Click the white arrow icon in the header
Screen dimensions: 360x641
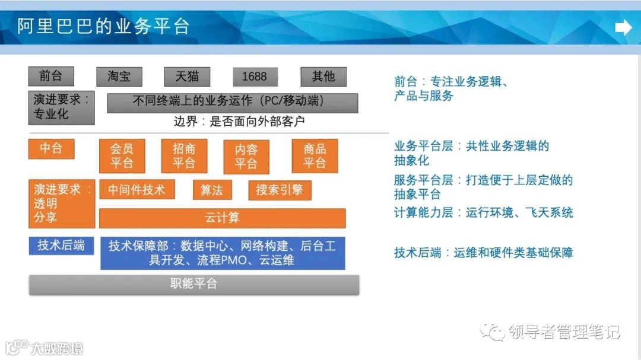(623, 27)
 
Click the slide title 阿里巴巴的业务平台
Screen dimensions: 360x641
(103, 27)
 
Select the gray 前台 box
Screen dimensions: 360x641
(51, 77)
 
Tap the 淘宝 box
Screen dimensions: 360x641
(119, 77)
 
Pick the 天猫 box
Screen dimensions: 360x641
(187, 77)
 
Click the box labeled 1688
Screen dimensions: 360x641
(255, 77)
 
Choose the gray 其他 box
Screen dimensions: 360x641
(323, 77)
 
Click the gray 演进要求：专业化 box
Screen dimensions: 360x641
(61, 107)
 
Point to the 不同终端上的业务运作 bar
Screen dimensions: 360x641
(232, 102)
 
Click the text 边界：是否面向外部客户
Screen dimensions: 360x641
(239, 122)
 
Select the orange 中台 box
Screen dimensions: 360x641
(51, 149)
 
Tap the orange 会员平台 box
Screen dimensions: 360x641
(122, 156)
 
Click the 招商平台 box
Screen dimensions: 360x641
(184, 156)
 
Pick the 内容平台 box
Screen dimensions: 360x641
(246, 157)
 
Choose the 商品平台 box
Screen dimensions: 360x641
(315, 156)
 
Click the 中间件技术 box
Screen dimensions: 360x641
(137, 190)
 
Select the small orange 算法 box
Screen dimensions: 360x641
(212, 190)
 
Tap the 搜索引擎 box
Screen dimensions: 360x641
(280, 190)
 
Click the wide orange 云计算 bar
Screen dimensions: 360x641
(222, 218)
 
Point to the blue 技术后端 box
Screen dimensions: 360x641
(61, 246)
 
